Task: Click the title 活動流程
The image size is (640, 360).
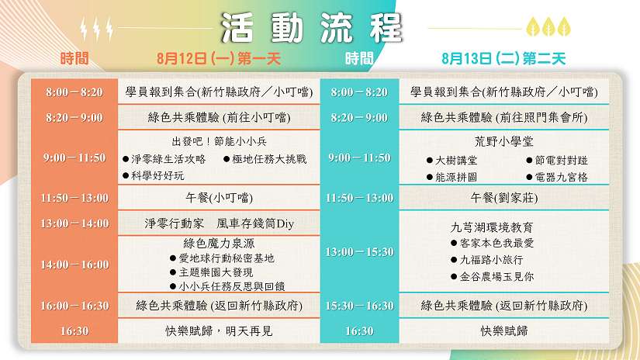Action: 311,28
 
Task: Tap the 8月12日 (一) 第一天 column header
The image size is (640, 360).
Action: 219,58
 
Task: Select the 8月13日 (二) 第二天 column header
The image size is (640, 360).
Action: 503,58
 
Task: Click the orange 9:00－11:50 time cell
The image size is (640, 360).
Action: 74,157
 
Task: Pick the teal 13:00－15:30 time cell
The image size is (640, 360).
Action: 359,252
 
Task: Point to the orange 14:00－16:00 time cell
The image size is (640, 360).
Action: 74,265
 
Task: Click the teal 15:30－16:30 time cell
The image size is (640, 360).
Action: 359,306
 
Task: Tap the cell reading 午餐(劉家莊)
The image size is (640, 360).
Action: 504,198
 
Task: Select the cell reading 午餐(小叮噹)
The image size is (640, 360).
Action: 219,198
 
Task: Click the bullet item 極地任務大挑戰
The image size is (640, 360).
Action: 265,159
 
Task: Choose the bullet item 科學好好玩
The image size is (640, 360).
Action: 154,176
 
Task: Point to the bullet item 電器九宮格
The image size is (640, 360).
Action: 557,177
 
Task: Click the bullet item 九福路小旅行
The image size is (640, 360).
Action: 487,260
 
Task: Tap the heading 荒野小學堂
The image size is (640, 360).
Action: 504,142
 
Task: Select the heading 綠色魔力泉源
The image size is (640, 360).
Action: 219,244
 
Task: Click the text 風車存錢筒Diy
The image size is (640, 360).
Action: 255,223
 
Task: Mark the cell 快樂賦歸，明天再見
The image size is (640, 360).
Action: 219,331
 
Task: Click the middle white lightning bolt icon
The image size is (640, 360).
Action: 96,29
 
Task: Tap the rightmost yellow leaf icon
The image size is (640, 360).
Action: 564,26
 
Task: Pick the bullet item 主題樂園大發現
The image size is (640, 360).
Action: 212,272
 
